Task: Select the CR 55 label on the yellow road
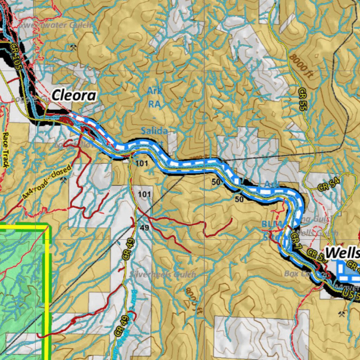pyautogui.click(x=302, y=99)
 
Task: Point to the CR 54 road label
pyautogui.click(x=329, y=185)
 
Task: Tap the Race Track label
pyautogui.click(x=6, y=149)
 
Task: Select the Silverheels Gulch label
pyautogui.click(x=162, y=274)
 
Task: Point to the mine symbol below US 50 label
pyautogui.click(x=342, y=313)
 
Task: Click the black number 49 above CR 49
pyautogui.click(x=144, y=228)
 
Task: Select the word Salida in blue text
pyautogui.click(x=154, y=131)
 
